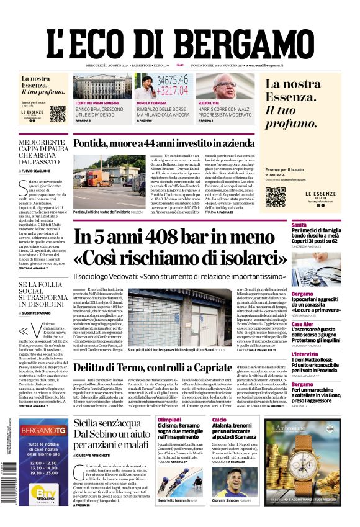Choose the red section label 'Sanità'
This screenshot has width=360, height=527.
pos(299,225)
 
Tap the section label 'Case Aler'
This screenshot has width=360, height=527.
pos(302,324)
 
